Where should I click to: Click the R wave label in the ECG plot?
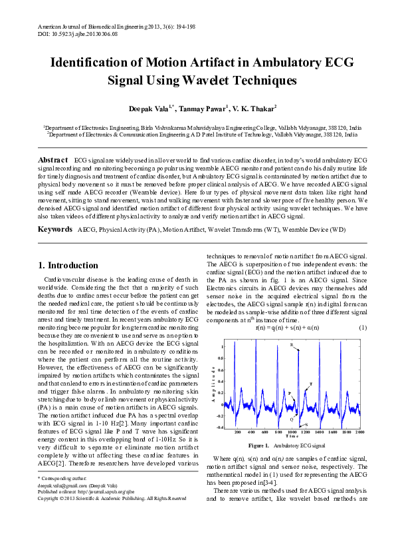(x=291, y=344)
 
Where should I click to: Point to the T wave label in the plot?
(x=311, y=385)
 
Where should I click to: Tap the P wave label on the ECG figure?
(x=290, y=394)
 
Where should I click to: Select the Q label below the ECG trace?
(x=292, y=419)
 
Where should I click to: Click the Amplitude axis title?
(x=213, y=386)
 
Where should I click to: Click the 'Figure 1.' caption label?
(x=258, y=445)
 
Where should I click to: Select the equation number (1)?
(x=363, y=328)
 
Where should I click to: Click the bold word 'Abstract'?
(x=53, y=160)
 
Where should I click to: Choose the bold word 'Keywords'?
(x=55, y=229)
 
